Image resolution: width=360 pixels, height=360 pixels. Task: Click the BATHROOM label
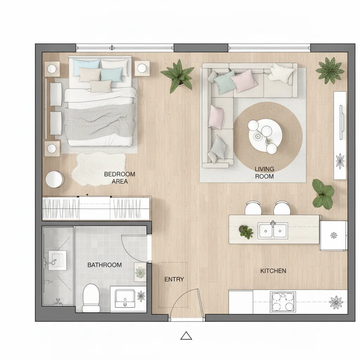[104, 265]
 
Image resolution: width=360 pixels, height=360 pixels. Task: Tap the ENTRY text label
[174, 279]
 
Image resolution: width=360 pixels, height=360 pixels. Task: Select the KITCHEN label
[273, 271]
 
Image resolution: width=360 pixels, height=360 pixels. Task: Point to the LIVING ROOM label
[264, 173]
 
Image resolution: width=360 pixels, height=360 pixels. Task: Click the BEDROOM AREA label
[120, 178]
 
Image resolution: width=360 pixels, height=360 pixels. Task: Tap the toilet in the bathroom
[91, 298]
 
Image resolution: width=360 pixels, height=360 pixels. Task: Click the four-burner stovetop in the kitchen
[283, 302]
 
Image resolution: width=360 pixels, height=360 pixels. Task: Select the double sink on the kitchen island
[272, 231]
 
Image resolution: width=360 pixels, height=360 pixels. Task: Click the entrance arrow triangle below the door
[186, 336]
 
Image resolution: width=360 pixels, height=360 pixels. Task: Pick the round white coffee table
[265, 135]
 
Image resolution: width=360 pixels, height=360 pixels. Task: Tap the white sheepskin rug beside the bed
[99, 169]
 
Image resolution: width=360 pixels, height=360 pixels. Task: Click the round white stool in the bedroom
[54, 179]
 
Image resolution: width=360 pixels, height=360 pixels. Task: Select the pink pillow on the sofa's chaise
[216, 117]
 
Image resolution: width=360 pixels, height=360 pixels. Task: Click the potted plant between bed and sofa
[178, 76]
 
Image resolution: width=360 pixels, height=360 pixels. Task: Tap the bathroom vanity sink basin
[125, 298]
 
